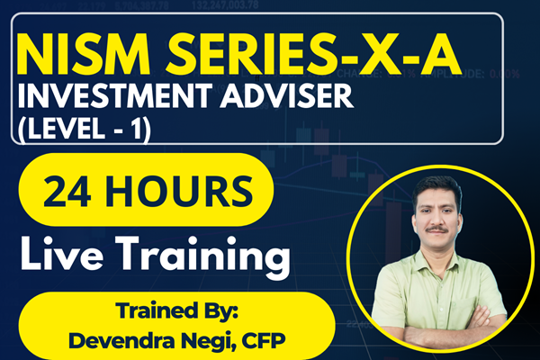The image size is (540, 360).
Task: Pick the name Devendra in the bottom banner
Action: point(116,341)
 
